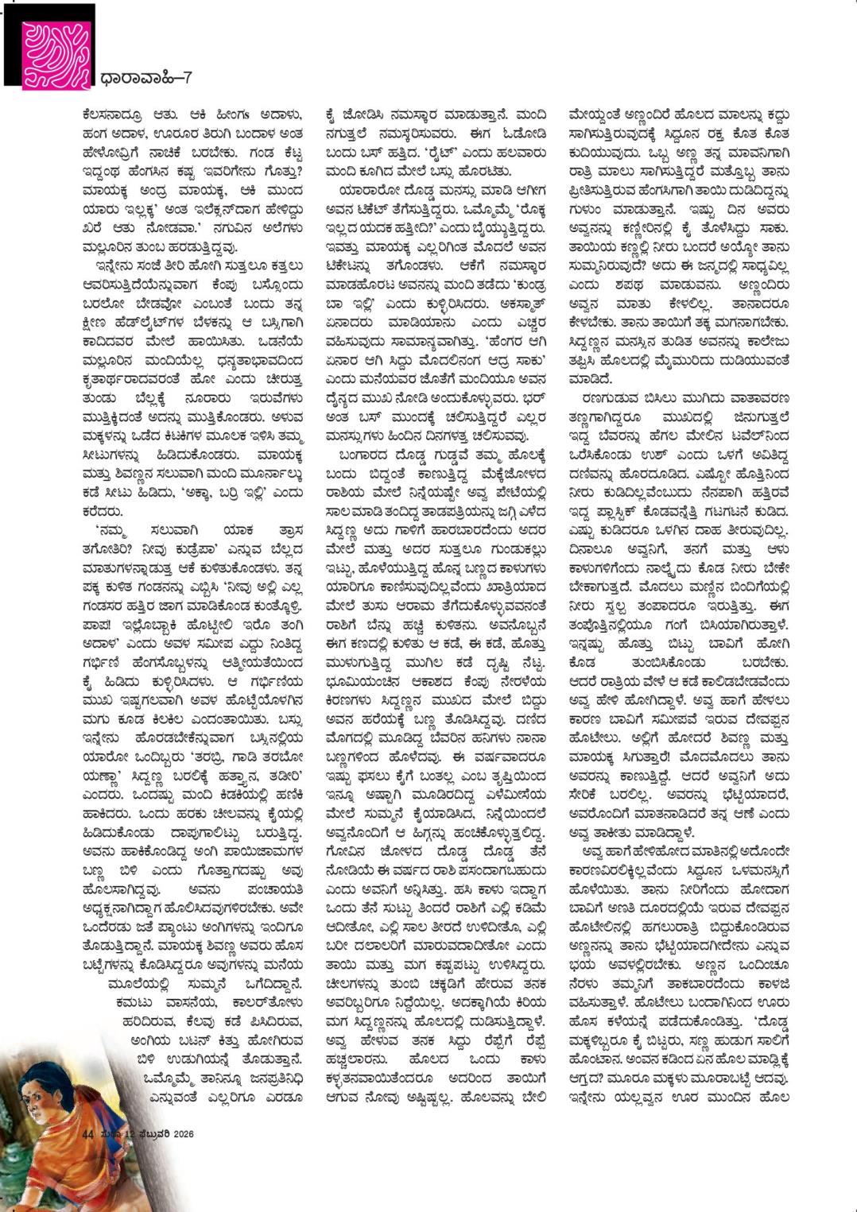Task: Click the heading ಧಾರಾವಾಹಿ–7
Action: click(147, 78)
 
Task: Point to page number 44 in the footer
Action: click(88, 1133)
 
